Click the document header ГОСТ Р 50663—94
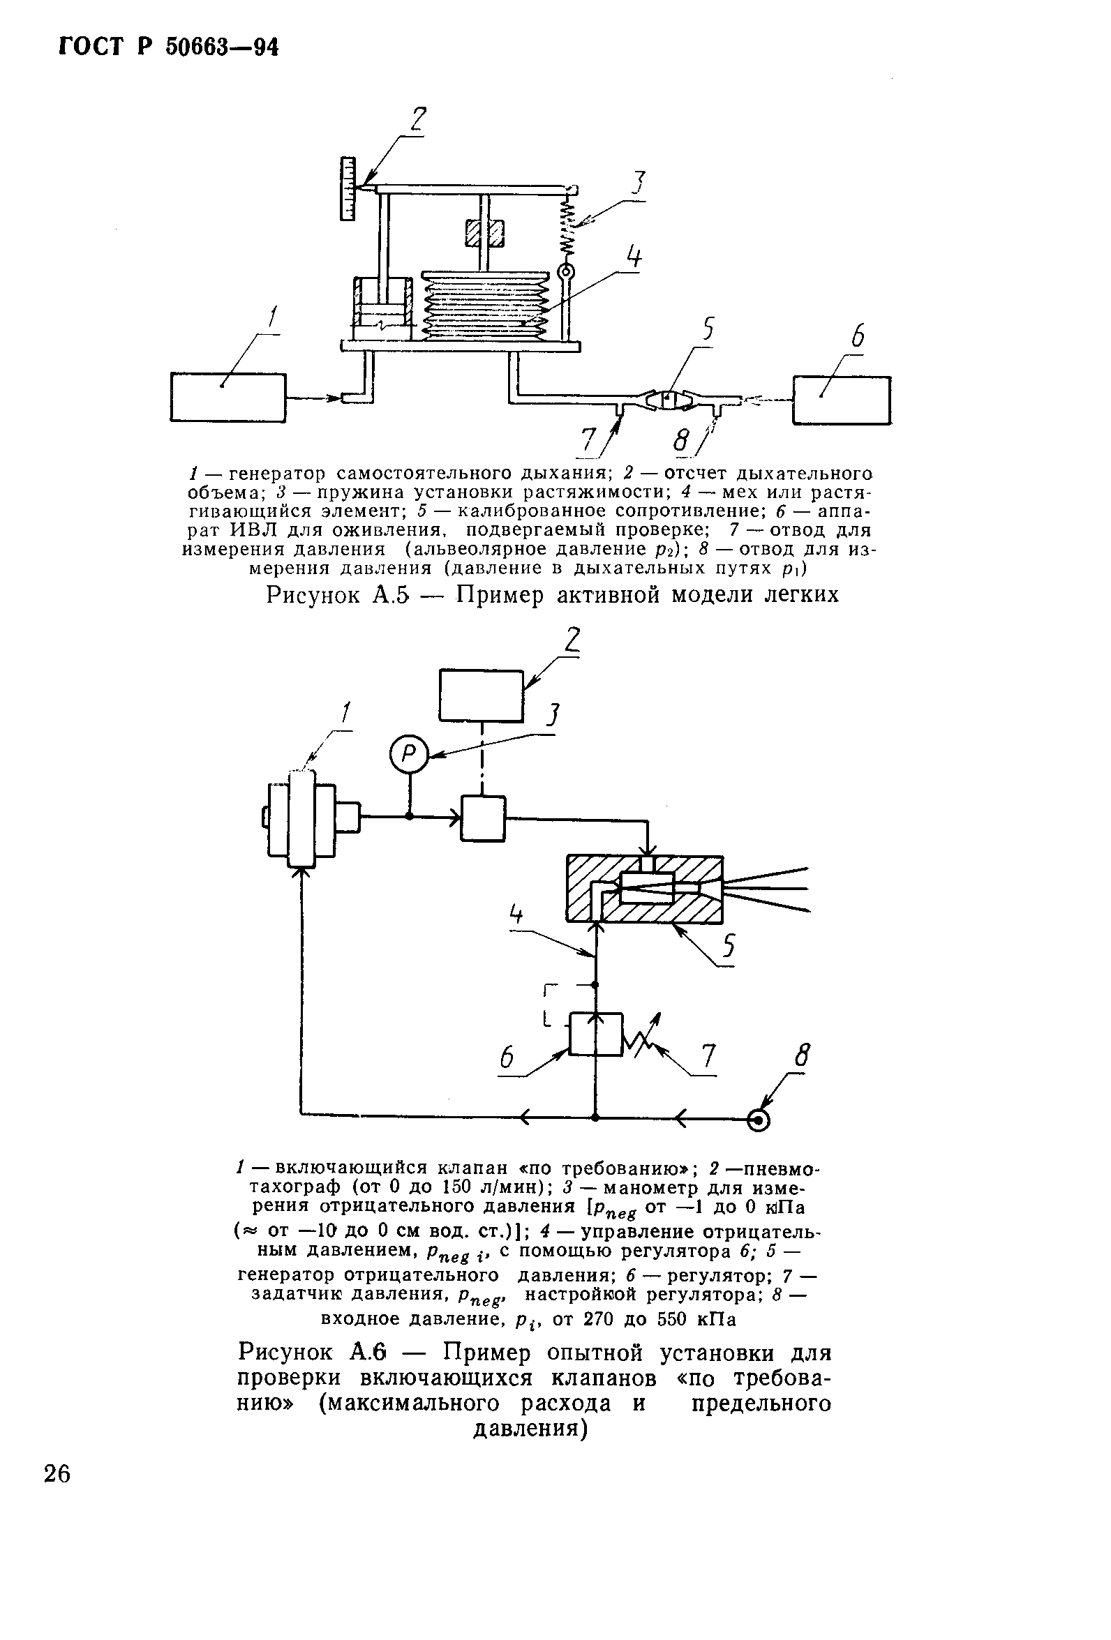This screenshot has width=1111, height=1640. [x=169, y=47]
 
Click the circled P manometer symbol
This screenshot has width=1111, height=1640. [x=409, y=755]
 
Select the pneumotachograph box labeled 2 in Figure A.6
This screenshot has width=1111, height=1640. [x=482, y=695]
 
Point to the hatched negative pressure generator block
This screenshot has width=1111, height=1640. [x=644, y=889]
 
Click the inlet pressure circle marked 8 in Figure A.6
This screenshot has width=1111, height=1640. [x=759, y=1119]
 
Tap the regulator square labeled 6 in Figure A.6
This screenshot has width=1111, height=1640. [x=596, y=1034]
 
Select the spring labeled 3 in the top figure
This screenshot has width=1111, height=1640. [x=569, y=228]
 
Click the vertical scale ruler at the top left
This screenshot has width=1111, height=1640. [x=347, y=189]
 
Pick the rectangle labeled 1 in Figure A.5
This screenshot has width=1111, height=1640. [x=228, y=398]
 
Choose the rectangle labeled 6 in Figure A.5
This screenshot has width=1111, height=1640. [x=842, y=400]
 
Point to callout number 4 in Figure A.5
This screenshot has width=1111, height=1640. [x=634, y=257]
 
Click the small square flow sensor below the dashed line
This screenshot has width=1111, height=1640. [x=483, y=818]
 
